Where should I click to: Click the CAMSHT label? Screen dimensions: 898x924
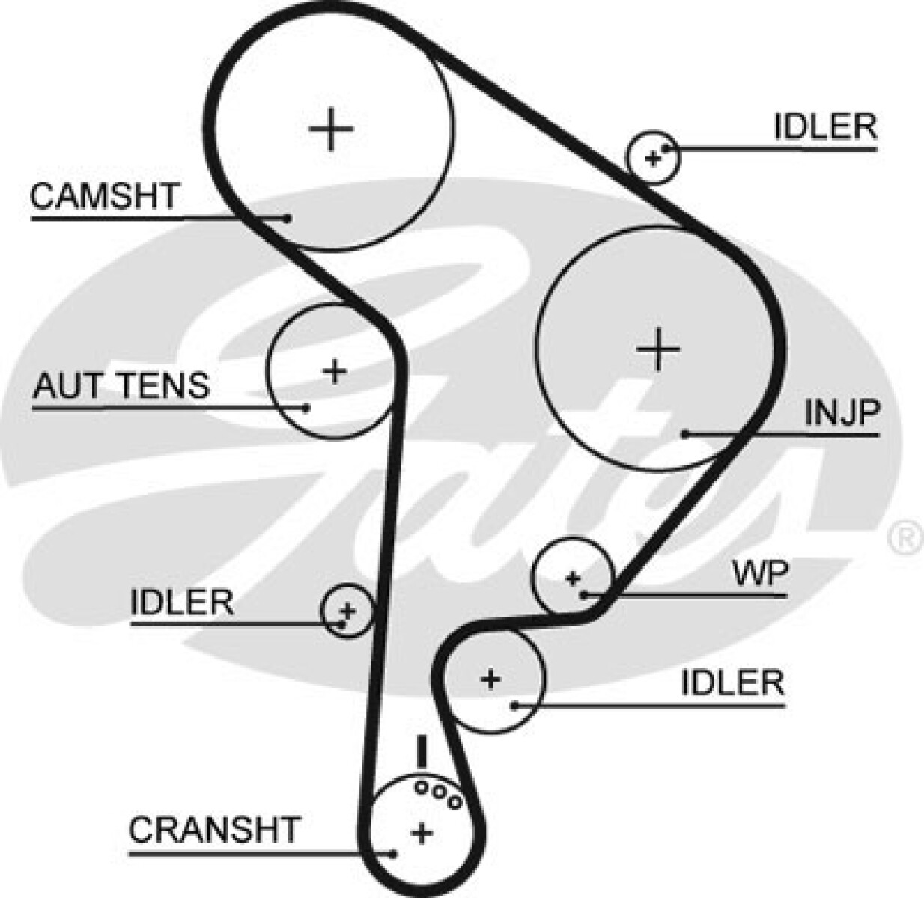tap(104, 196)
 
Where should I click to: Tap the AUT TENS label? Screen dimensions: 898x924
tap(121, 386)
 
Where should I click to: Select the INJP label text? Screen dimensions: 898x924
tap(842, 412)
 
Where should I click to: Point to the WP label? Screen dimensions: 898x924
tap(760, 574)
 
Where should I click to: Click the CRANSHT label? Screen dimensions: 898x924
tap(214, 830)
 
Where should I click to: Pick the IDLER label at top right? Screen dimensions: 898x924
tap(825, 127)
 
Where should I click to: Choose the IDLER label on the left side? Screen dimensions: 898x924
tap(182, 602)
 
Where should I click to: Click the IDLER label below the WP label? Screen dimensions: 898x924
tap(732, 682)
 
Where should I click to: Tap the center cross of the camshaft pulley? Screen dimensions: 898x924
tap(331, 129)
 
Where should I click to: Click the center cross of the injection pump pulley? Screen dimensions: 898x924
tap(658, 349)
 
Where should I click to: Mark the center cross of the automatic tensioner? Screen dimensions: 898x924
tap(335, 370)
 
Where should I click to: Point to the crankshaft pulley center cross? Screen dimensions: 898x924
tap(422, 832)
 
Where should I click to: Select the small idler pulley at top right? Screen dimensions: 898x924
tap(654, 157)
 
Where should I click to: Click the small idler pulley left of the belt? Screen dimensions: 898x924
tap(347, 610)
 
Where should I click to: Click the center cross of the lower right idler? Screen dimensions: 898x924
tap(490, 679)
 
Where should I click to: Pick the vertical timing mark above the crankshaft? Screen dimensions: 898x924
tap(422, 751)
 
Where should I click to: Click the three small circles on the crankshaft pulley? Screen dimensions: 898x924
tap(438, 793)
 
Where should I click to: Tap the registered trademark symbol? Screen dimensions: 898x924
tap(905, 537)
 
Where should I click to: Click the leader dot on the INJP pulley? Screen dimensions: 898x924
tap(684, 433)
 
